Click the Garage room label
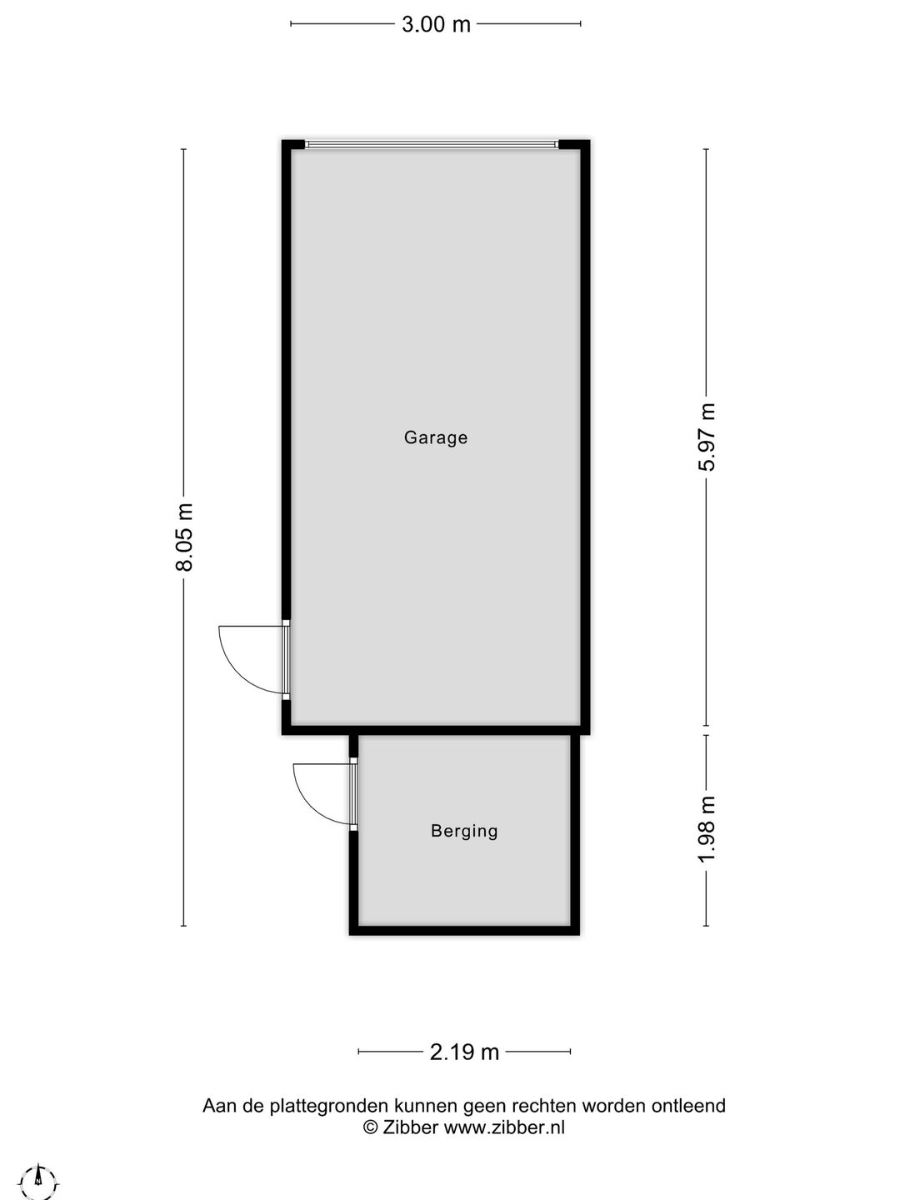click(x=435, y=437)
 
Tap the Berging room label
click(x=464, y=831)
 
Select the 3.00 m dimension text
click(x=436, y=24)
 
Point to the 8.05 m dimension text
click(x=184, y=537)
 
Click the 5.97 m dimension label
click(x=707, y=437)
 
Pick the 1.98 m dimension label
click(x=707, y=829)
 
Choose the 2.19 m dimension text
click(x=464, y=1052)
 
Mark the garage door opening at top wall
click(x=432, y=145)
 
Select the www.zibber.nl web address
click(x=504, y=1127)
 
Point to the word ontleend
click(x=688, y=1106)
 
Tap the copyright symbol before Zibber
click(x=371, y=1127)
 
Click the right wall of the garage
click(x=586, y=433)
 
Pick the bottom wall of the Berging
click(x=464, y=930)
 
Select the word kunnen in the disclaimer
click(x=425, y=1106)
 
